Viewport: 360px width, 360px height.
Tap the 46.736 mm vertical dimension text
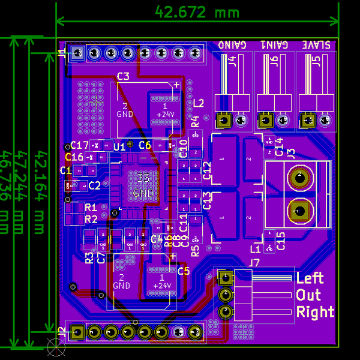point(7,192)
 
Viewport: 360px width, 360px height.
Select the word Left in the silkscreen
point(310,278)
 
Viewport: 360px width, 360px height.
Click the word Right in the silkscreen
point(315,312)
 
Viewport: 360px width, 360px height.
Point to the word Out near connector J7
point(308,295)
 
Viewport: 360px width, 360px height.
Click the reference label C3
point(123,76)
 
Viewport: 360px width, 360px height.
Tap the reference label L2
point(199,102)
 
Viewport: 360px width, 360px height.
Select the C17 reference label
point(80,145)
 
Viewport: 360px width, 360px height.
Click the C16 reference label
point(74,157)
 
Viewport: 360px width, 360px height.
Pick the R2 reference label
point(91,219)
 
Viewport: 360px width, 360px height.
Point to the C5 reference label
point(184,271)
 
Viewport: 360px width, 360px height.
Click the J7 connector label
point(254,263)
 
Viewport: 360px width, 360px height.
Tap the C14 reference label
point(279,146)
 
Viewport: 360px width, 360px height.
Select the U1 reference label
point(119,146)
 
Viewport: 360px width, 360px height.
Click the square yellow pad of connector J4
point(224,121)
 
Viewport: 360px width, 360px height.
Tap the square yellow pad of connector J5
point(310,121)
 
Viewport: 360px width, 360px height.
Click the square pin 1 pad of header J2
point(77,332)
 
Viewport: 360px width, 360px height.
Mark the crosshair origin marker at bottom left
point(56,346)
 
